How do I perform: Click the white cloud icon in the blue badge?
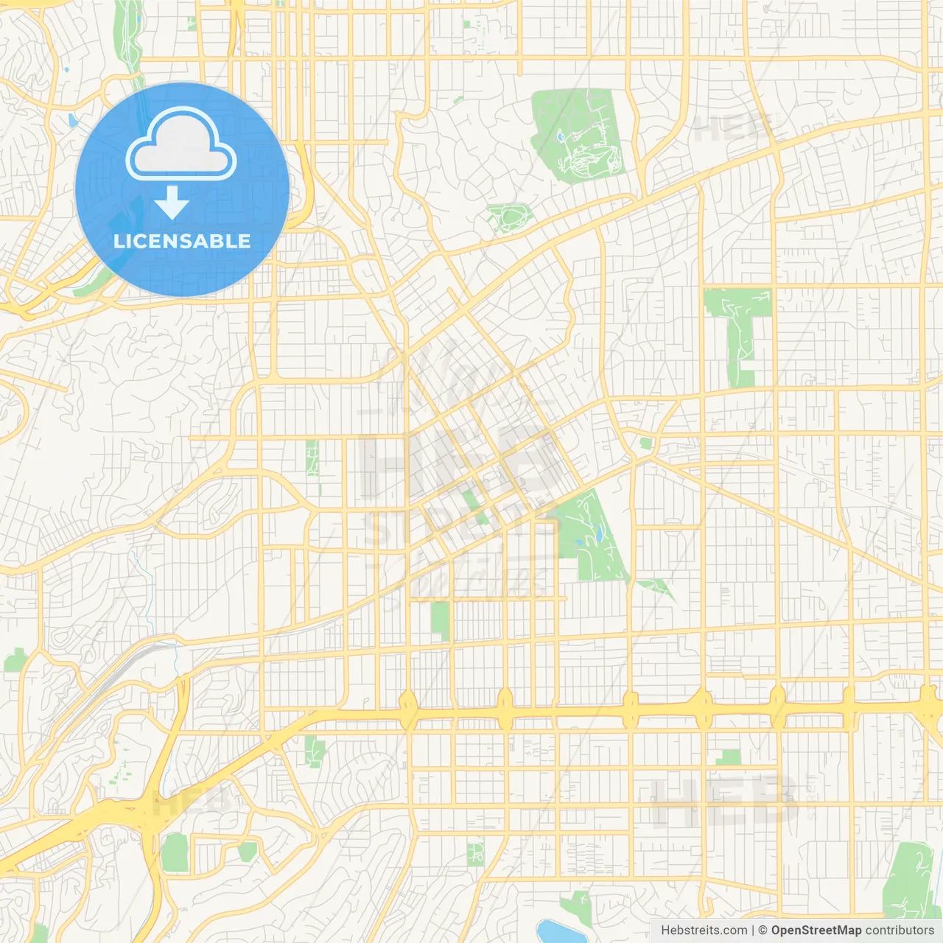point(181,146)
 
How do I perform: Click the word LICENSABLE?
point(182,241)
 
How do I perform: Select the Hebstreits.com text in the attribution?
point(704,930)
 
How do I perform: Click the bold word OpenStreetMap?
point(816,930)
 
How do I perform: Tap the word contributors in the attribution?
point(900,930)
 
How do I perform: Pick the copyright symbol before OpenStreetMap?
point(763,930)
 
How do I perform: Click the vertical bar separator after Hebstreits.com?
point(753,930)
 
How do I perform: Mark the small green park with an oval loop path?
point(509,218)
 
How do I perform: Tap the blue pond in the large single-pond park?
point(560,137)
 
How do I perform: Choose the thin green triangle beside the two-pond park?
point(657,588)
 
